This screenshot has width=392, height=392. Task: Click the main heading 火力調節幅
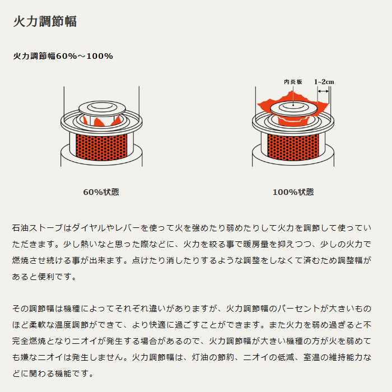(44, 22)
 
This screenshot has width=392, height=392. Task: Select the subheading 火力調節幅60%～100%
(63, 56)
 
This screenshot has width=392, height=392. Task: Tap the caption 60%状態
(101, 192)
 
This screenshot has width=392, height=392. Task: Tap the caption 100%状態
(293, 192)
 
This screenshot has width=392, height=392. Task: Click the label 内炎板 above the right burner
(293, 82)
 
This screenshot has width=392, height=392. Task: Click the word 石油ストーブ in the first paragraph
(37, 228)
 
